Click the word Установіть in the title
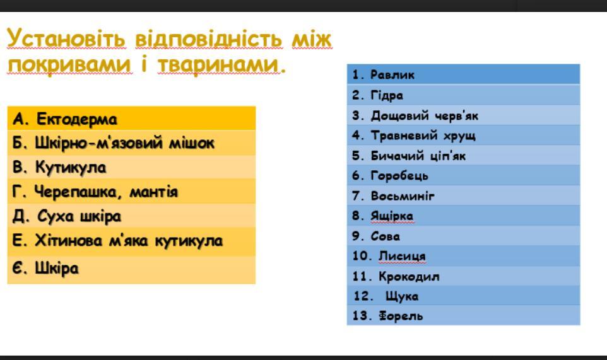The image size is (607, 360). (66, 38)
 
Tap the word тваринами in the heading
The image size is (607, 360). (218, 64)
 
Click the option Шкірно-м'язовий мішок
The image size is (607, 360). (124, 142)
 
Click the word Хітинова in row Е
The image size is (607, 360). (69, 240)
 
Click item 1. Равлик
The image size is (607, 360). (383, 74)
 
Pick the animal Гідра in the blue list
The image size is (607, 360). (387, 95)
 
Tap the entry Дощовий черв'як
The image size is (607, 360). (424, 115)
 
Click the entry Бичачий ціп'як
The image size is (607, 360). (418, 156)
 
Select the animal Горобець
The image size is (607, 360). (399, 175)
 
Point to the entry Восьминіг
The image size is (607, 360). (403, 195)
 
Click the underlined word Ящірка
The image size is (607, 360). (392, 216)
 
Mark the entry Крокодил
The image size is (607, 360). (409, 276)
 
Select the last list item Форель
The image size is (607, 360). (401, 315)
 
